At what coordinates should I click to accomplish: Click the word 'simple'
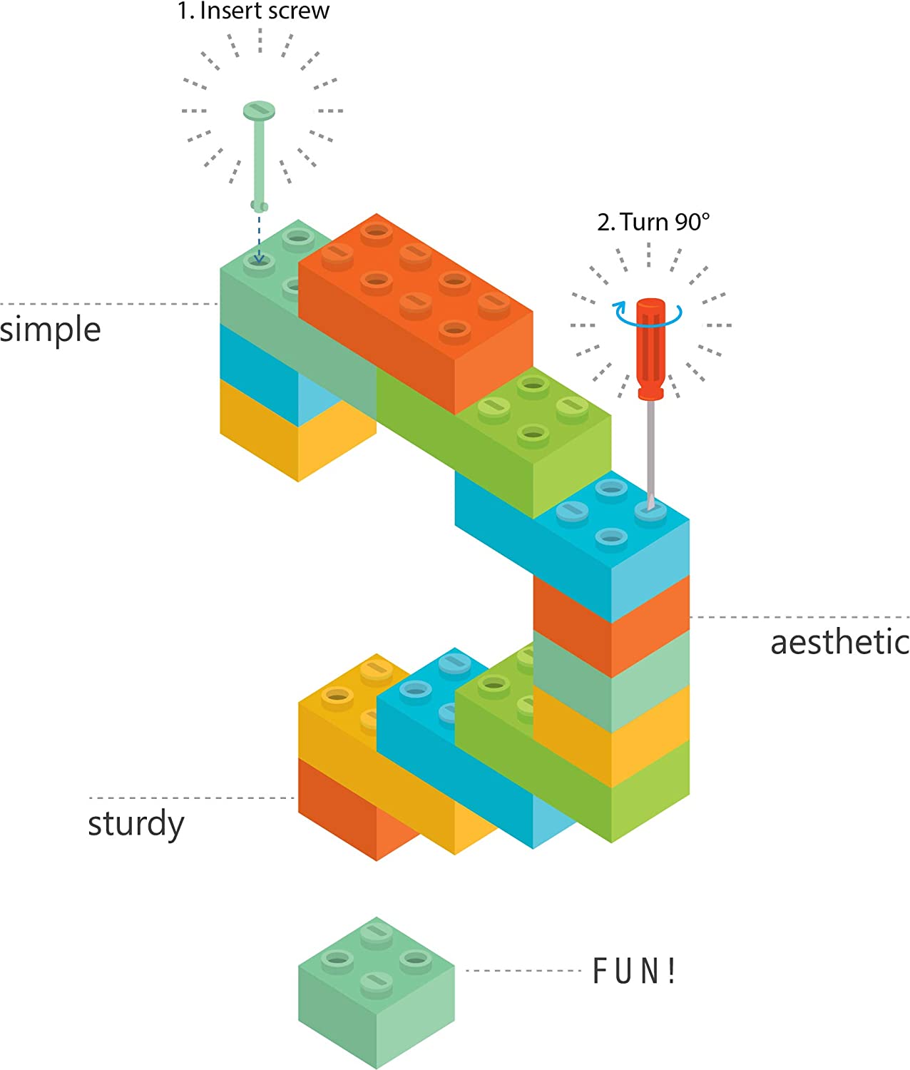point(50,330)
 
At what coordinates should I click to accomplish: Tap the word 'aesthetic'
point(839,642)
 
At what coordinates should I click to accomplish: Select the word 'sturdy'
point(136,824)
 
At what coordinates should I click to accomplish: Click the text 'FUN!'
point(634,971)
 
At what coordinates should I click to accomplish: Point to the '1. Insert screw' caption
point(253,11)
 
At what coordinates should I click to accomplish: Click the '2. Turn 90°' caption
point(653,222)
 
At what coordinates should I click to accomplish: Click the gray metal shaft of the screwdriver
point(650,449)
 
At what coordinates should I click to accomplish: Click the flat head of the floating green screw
point(259,111)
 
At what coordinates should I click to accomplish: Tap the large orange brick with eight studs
point(414,314)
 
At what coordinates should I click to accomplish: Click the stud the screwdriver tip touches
point(650,509)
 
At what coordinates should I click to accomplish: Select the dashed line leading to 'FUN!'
point(524,970)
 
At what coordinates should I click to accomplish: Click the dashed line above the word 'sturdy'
point(191,798)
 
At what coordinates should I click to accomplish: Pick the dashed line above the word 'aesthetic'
point(799,617)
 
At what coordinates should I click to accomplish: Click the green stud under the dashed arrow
point(259,263)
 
